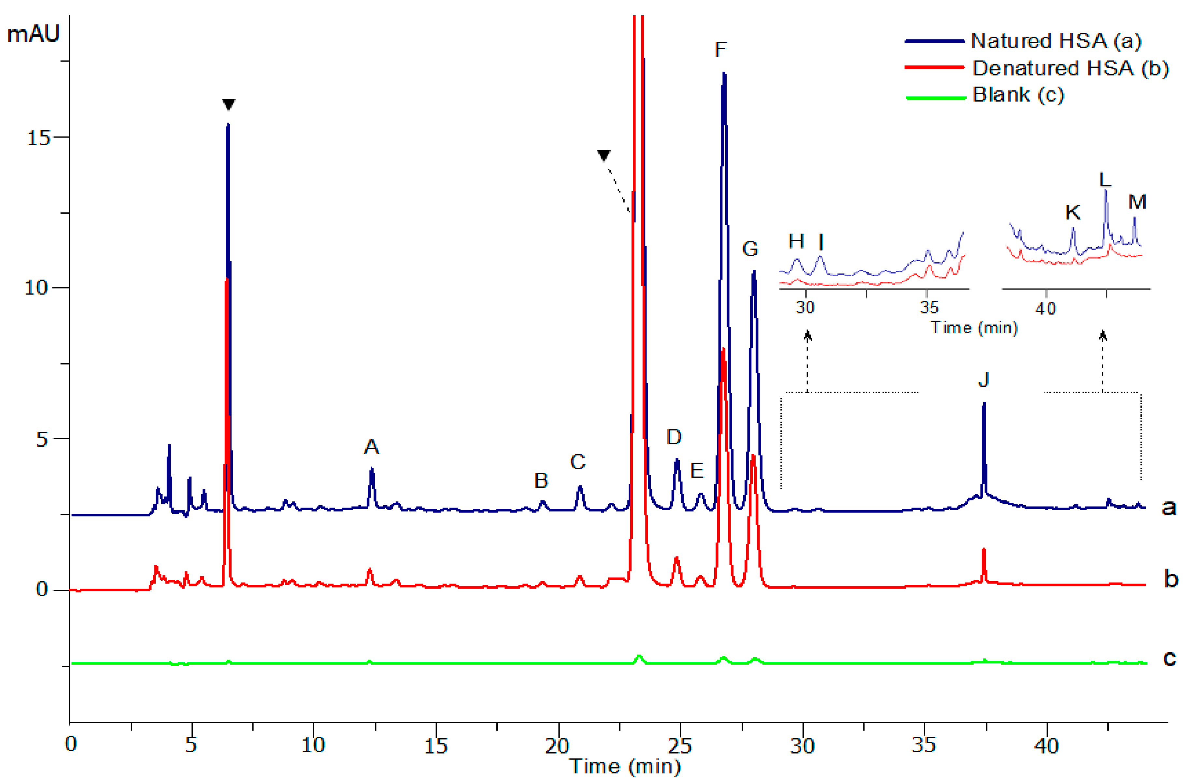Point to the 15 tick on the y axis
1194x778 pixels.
point(38,137)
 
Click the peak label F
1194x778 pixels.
point(720,49)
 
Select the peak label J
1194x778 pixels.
point(983,380)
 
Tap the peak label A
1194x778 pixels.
point(371,447)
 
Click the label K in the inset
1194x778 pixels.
point(1072,212)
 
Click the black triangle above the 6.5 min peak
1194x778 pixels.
point(229,104)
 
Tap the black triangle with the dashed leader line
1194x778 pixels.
point(604,156)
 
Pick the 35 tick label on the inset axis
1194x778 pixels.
point(929,307)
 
